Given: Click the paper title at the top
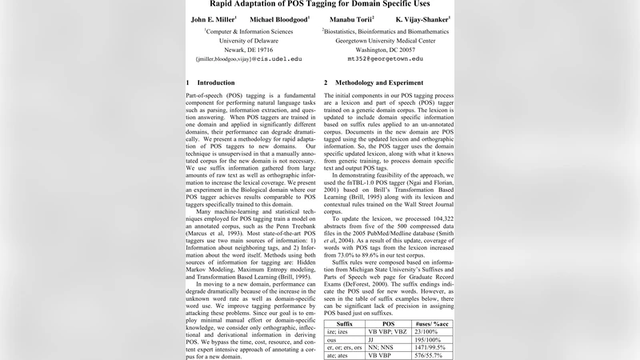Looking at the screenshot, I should [x=320, y=4].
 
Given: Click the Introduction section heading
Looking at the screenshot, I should [x=210, y=82].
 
